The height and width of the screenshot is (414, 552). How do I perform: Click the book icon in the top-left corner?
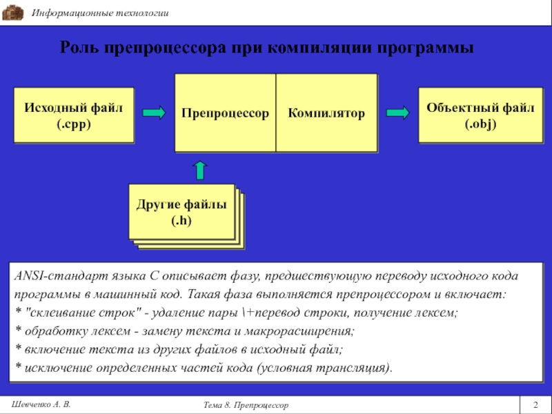click(13, 13)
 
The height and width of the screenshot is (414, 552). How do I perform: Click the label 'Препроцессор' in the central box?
click(225, 112)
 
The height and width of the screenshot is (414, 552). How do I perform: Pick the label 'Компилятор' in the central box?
click(326, 112)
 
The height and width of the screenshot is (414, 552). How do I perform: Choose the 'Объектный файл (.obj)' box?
click(475, 115)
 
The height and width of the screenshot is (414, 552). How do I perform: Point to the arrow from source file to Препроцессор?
click(154, 112)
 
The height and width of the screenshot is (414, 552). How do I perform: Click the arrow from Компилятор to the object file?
click(397, 112)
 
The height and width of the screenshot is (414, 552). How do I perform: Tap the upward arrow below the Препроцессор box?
click(199, 170)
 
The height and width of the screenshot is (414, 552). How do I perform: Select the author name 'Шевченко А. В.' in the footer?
click(42, 403)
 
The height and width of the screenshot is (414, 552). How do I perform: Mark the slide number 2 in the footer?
click(535, 403)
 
